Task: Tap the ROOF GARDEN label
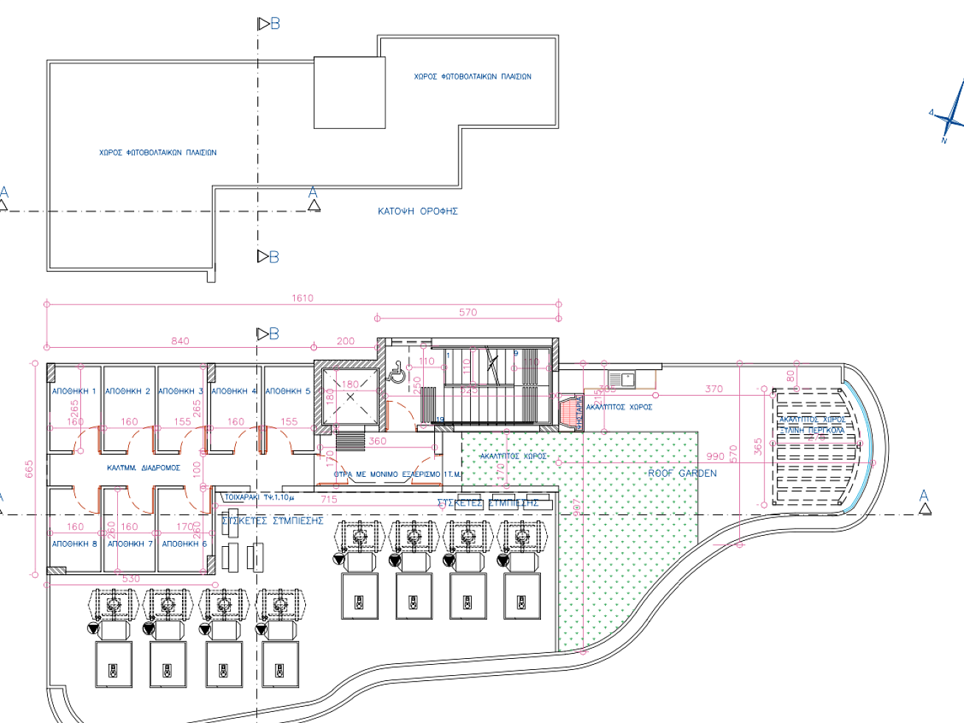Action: (682, 473)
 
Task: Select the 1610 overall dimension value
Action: (302, 298)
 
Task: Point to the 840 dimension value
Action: (180, 341)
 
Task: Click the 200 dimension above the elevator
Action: (346, 341)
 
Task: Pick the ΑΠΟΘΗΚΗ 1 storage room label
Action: (74, 391)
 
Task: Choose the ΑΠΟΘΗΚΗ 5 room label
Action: (287, 391)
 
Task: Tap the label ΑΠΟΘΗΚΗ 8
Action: (74, 544)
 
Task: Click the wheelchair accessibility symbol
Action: (397, 373)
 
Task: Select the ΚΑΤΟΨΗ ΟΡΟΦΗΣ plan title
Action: (417, 212)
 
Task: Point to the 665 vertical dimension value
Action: (29, 469)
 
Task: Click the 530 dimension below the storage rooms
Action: (130, 579)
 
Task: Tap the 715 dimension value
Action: (329, 500)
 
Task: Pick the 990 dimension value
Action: (715, 457)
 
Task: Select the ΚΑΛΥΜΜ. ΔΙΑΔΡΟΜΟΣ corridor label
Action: (143, 468)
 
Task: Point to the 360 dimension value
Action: (377, 441)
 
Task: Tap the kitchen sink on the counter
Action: (623, 380)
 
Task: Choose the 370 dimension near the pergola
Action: (713, 389)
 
